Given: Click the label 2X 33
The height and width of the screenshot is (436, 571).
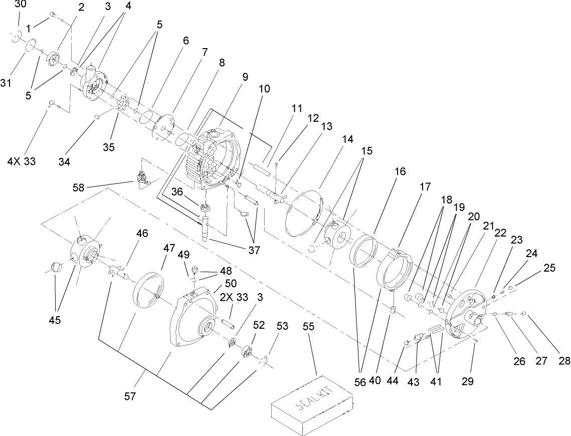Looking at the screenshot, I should (234, 297).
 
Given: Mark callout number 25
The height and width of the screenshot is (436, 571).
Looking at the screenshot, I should (549, 268).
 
